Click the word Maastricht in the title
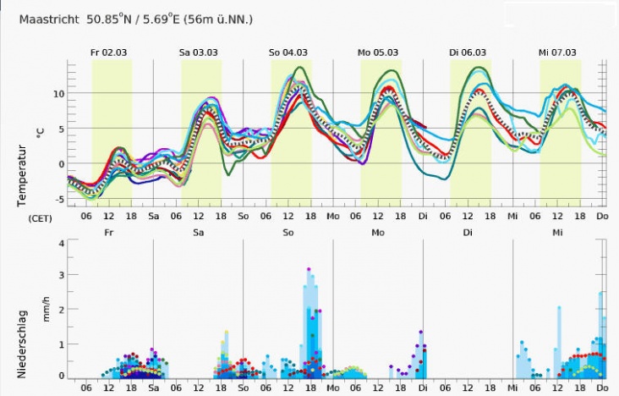[47, 19]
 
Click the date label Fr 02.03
[109, 52]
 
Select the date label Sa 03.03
[199, 52]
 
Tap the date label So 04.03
[288, 52]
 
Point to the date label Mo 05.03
[377, 52]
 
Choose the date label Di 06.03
[468, 52]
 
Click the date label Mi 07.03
[557, 52]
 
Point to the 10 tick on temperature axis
[58, 93]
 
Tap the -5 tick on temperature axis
[58, 200]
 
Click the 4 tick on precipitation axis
[61, 243]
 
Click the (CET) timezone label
[41, 217]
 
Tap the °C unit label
[39, 131]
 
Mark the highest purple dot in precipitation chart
[309, 270]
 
